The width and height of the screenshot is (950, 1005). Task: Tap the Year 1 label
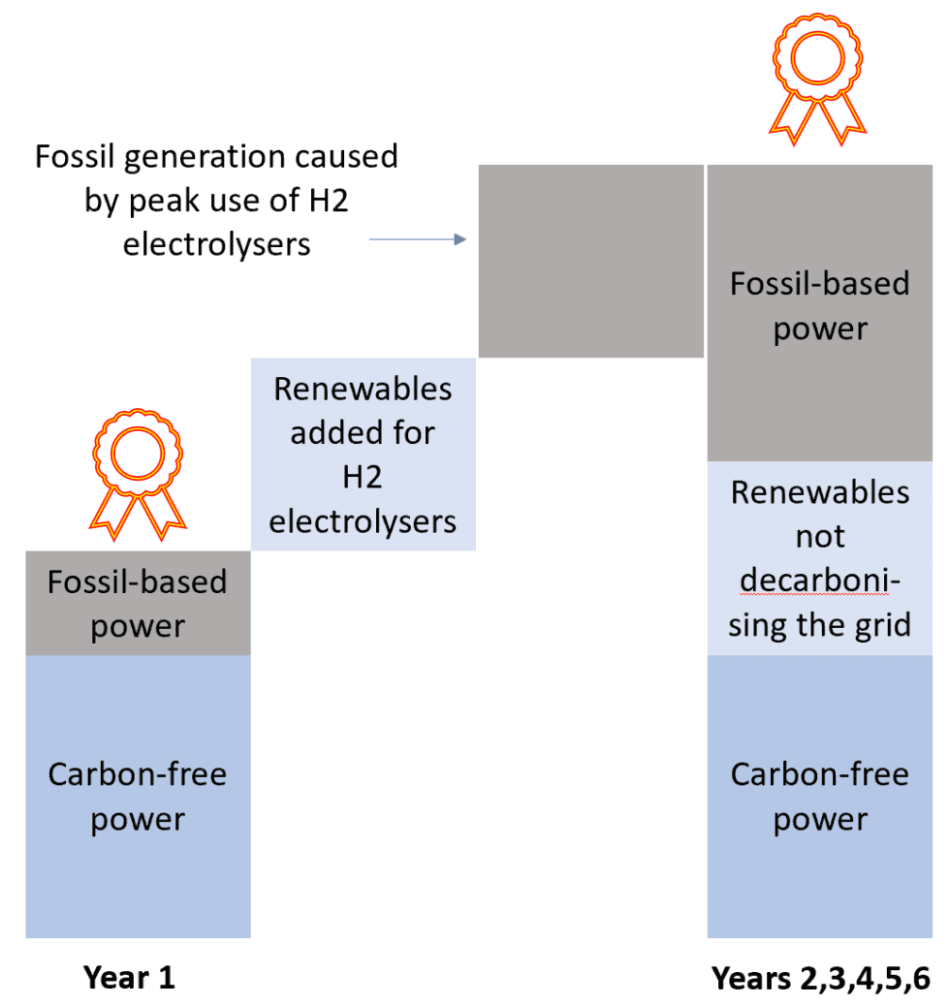coord(129,977)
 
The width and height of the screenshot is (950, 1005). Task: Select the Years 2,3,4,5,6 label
coord(820,977)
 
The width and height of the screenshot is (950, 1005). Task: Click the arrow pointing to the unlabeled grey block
coord(418,239)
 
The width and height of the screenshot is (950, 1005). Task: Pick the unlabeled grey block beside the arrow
coord(590,262)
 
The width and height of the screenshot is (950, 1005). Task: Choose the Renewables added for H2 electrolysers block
coord(363,455)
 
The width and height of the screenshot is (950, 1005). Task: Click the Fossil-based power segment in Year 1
coord(138,603)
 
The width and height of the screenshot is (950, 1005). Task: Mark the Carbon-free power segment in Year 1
coord(138,797)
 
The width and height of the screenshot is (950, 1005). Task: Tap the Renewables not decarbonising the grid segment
coord(819,558)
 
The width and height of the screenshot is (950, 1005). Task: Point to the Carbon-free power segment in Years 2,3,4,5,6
coord(819,797)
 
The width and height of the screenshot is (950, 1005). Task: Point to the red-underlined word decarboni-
coord(820,581)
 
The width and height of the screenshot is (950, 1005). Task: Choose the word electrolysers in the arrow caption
coord(216,243)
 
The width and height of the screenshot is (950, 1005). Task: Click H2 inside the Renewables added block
coord(363,477)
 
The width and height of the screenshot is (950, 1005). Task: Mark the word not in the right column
coord(820,536)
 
